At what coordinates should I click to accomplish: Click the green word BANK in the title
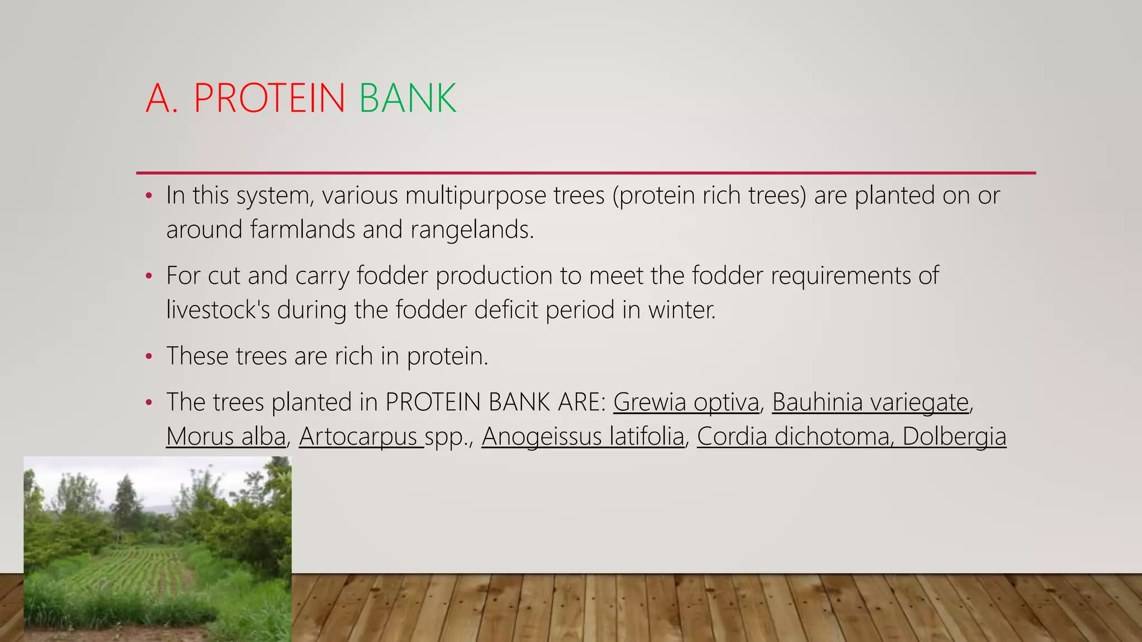408,98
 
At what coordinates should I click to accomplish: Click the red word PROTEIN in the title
269,98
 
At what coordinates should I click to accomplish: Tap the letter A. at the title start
162,98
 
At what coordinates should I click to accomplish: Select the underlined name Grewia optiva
686,402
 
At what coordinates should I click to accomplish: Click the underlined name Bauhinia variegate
870,402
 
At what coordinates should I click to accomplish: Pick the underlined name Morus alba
226,436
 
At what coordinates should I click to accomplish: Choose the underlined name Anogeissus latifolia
583,436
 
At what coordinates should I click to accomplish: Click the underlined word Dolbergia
954,436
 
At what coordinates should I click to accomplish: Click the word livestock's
218,310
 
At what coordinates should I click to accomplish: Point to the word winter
681,310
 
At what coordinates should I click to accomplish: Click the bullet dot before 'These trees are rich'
148,357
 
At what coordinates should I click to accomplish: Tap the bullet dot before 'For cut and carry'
148,276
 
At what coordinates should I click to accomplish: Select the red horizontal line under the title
585,173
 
